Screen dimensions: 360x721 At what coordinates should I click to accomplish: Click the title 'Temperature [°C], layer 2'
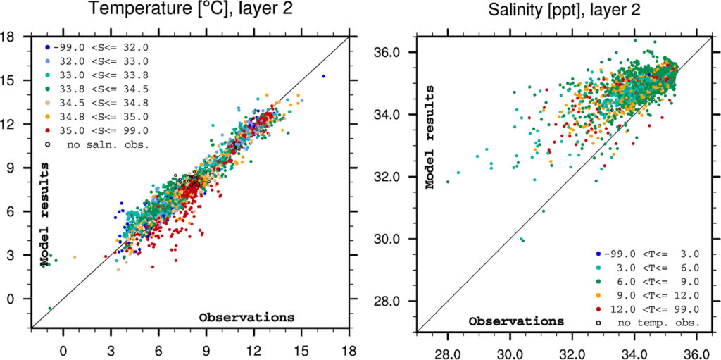click(x=190, y=11)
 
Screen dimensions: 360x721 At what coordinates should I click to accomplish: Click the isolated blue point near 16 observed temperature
click(x=323, y=76)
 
